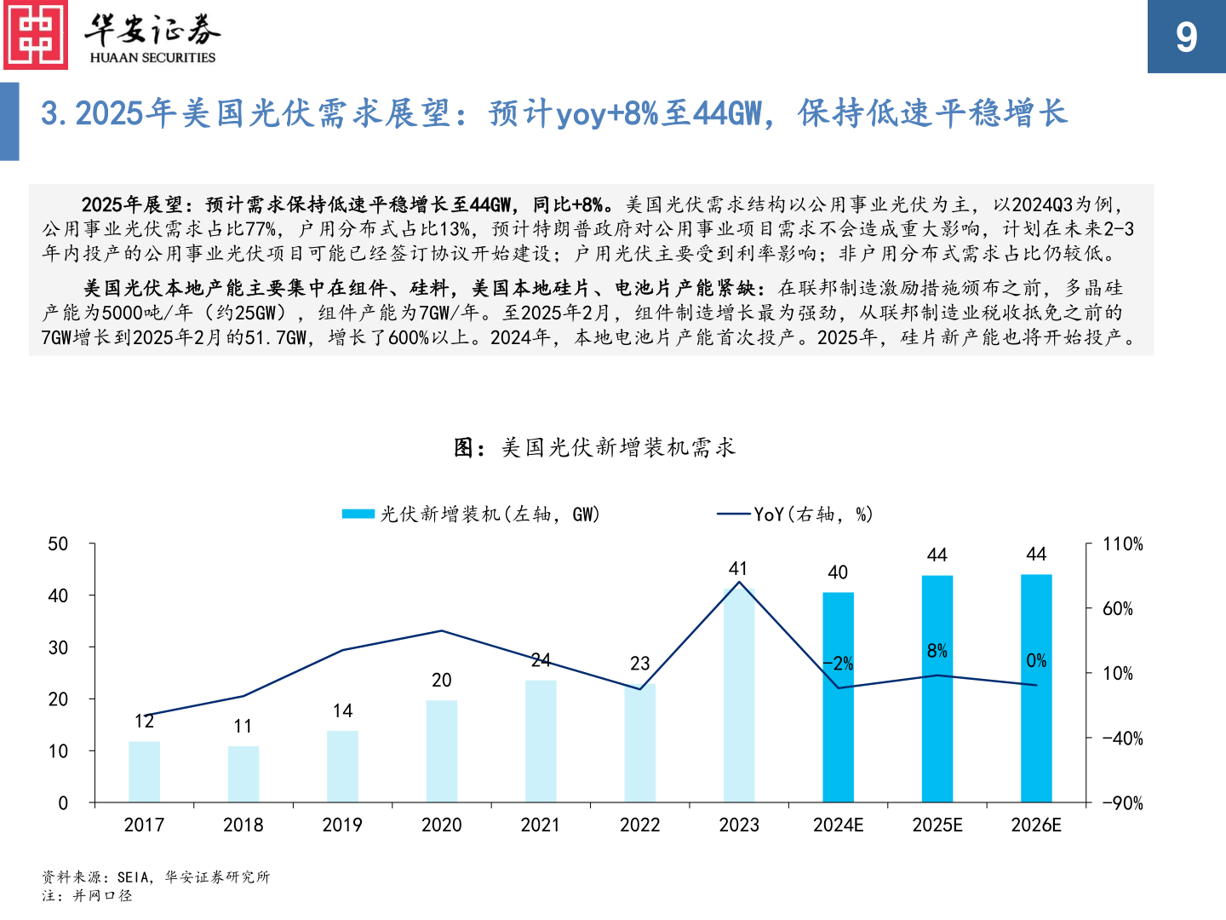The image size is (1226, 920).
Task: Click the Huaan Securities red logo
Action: coord(36,35)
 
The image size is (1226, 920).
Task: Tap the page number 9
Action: coord(1186,37)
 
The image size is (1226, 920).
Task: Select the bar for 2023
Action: coord(739,695)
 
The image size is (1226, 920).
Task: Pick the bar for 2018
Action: coord(243,774)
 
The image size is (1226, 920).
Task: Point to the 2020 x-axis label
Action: coord(441,825)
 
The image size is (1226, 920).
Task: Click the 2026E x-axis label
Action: coord(1036,825)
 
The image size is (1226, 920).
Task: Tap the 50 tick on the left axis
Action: coord(58,544)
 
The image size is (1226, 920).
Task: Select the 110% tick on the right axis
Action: coord(1122,544)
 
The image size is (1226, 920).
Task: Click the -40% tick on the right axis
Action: coord(1122,739)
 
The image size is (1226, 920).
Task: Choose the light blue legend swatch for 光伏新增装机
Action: coord(358,514)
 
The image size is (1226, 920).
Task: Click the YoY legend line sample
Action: coord(734,514)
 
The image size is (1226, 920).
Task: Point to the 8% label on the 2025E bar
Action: coord(937,651)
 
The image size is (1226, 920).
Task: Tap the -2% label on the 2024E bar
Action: coord(838,664)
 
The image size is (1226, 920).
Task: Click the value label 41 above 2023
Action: coord(738,568)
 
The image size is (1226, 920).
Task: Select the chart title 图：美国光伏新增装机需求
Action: coord(594,447)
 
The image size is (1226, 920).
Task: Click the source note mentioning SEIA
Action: coord(156,877)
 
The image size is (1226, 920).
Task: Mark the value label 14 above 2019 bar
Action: coord(342,710)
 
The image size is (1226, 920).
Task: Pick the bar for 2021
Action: coord(541,741)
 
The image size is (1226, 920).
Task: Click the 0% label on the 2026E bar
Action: coord(1036,660)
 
